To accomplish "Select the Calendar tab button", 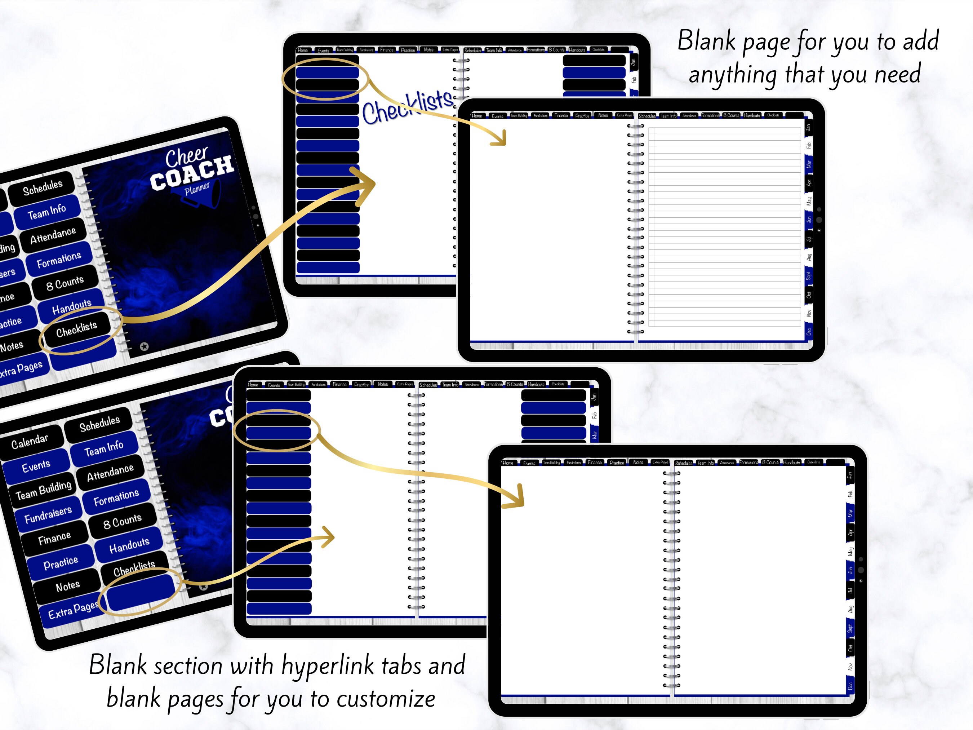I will pyautogui.click(x=30, y=441).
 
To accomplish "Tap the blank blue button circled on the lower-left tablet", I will pyautogui.click(x=141, y=592).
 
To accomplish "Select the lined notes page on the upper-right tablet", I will pyautogui.click(x=724, y=227).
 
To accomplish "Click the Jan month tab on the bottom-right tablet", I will pyautogui.click(x=850, y=475).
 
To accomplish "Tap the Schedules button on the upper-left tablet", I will pyautogui.click(x=43, y=187).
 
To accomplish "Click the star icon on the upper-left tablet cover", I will pyautogui.click(x=144, y=347).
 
